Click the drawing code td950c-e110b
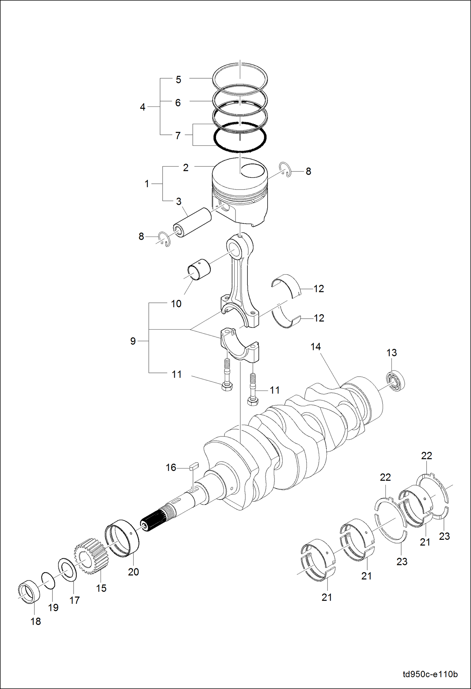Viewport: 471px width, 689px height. [x=430, y=674]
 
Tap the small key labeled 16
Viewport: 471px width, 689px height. [x=194, y=466]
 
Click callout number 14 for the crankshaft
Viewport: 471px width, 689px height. [x=315, y=347]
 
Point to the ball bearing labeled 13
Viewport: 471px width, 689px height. [x=395, y=381]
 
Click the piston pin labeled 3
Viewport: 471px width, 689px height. [x=192, y=223]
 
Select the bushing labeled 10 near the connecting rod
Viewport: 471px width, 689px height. [x=199, y=269]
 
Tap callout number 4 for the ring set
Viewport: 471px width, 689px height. [x=142, y=107]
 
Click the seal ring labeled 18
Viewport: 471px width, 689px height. [x=29, y=592]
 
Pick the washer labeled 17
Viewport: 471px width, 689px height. [x=68, y=570]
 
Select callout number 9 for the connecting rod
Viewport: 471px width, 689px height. [x=133, y=341]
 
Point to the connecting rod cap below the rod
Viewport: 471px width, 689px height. [x=240, y=346]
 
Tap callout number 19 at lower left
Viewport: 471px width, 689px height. [x=53, y=607]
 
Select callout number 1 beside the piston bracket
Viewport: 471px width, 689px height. [x=147, y=184]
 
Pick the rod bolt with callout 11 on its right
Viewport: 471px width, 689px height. [x=253, y=390]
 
